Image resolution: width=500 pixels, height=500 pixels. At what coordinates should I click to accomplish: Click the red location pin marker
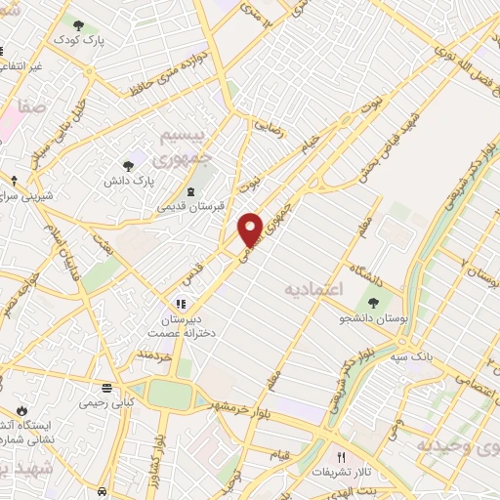tap(251, 229)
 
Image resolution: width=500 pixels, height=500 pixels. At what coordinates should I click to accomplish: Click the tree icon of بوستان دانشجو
tap(372, 302)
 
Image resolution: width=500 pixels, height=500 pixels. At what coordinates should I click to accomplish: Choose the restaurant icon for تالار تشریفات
tap(341, 456)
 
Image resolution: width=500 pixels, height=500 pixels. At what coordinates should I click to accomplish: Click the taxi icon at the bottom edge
tap(103, 491)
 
